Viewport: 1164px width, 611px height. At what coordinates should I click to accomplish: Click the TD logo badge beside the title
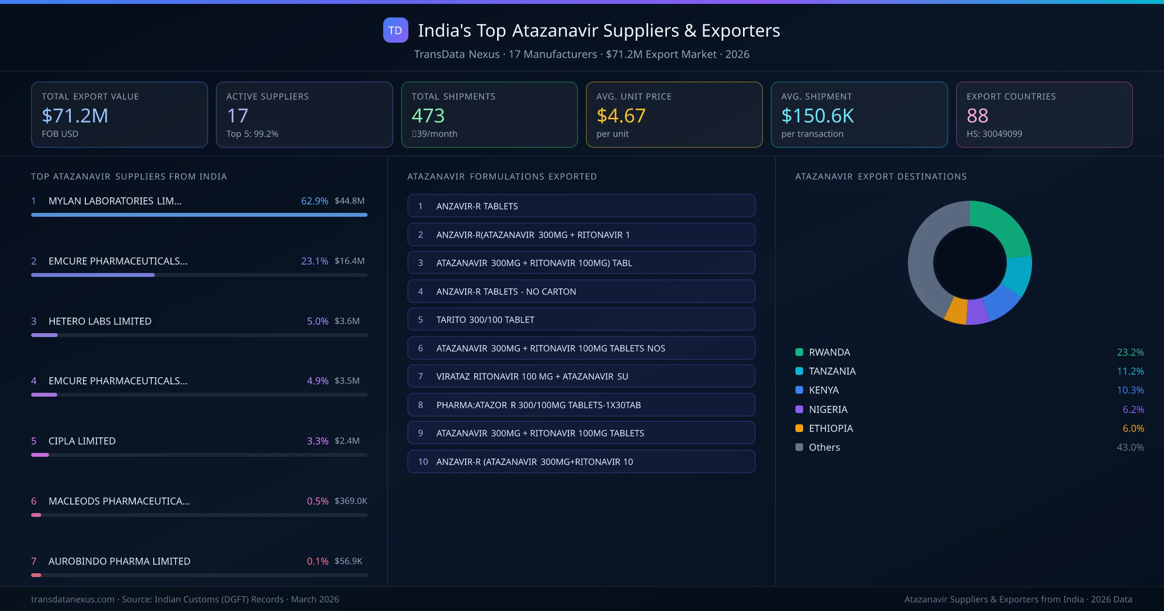pos(395,30)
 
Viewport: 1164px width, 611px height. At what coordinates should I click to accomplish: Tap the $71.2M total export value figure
pos(75,115)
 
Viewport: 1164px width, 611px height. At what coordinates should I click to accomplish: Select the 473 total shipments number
pos(428,115)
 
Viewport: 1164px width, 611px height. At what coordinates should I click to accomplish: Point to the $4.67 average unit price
pos(621,115)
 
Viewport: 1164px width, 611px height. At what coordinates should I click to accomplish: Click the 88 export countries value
pos(977,115)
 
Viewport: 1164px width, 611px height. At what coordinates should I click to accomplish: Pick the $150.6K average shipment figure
pos(818,115)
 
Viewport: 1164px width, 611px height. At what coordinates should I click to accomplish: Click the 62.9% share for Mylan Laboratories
pos(314,201)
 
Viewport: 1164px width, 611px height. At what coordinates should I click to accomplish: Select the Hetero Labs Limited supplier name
pos(100,321)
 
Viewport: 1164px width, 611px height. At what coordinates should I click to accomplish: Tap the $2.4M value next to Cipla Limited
pos(347,441)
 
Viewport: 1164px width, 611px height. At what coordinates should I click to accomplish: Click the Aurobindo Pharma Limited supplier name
pos(119,561)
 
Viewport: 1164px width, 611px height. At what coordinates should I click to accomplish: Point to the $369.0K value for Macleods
pos(351,501)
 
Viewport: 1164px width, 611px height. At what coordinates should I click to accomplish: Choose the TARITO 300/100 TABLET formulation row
pos(581,320)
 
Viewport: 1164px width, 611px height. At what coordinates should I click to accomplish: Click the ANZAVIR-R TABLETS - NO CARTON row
pos(581,291)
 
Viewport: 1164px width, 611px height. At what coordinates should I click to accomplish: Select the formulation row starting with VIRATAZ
pos(581,376)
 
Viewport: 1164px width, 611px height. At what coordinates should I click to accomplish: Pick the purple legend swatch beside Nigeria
pos(799,409)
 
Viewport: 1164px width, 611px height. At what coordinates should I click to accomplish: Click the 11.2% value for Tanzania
pos(1130,371)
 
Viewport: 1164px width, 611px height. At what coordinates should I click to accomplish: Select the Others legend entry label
pos(824,447)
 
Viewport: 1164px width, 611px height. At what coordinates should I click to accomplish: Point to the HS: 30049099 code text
pos(994,134)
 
